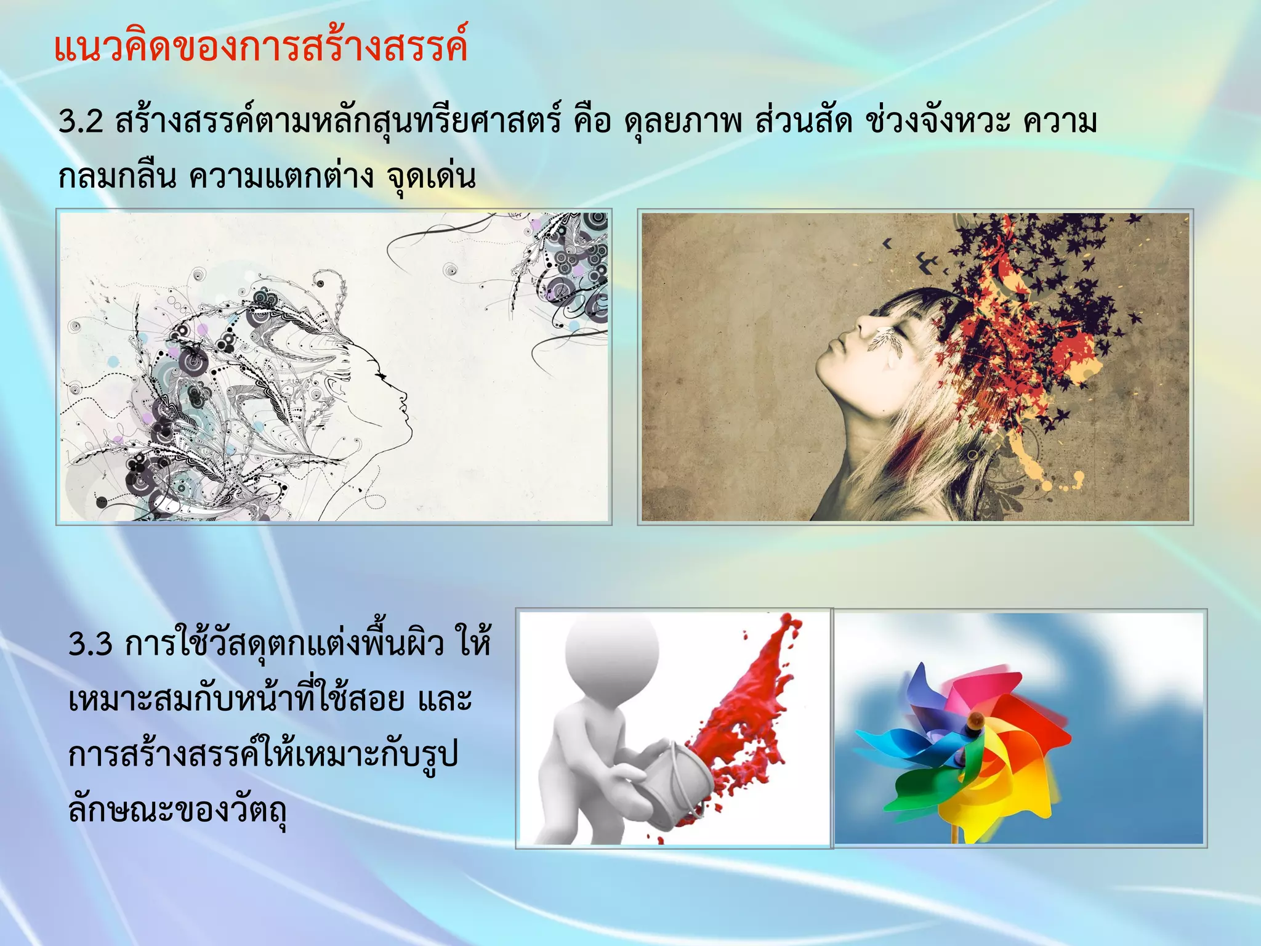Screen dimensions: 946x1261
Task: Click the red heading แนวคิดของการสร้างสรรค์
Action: tap(260, 48)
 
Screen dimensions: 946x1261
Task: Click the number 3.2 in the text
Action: tap(80, 121)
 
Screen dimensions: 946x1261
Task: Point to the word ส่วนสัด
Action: tap(803, 121)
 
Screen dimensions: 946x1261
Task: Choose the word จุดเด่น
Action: tap(431, 177)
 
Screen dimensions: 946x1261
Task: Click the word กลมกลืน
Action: tap(117, 177)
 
